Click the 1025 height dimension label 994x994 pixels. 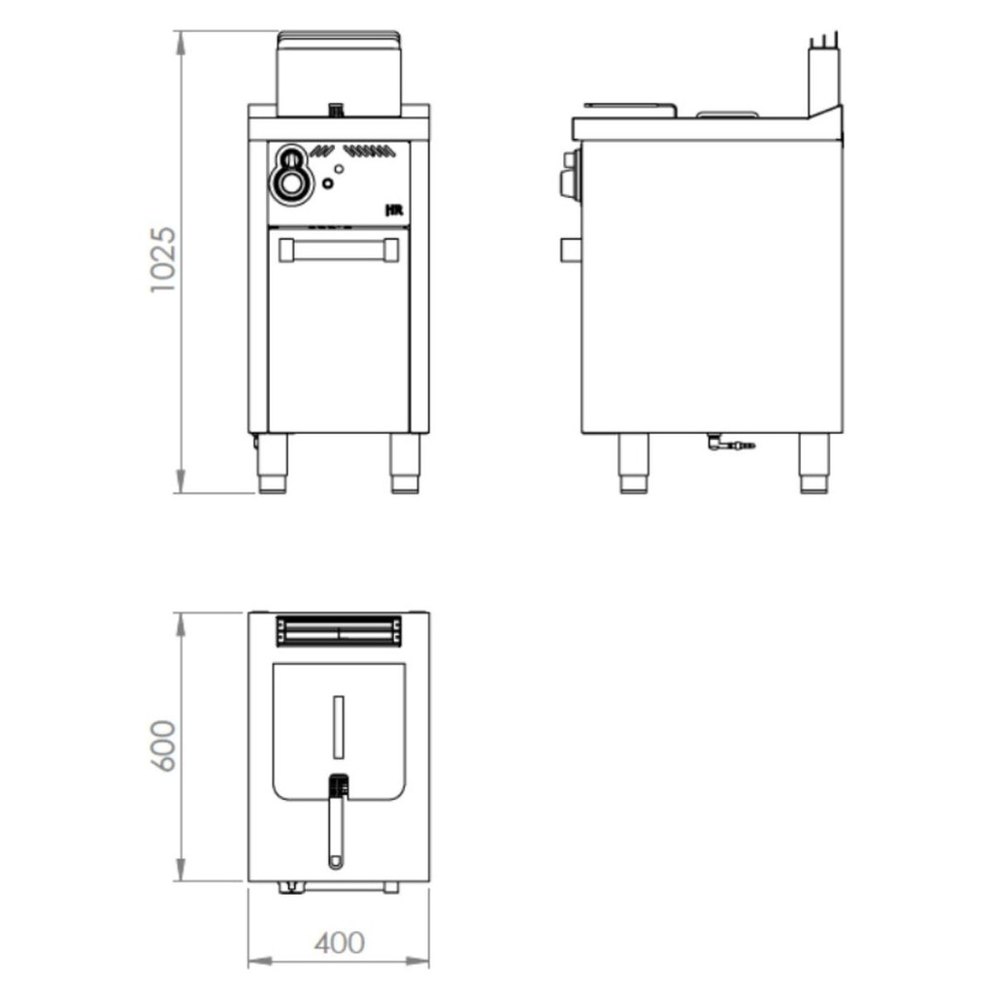pos(163,260)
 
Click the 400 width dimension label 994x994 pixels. pos(340,942)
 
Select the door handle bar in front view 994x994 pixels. pos(338,250)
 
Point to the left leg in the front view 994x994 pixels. pos(272,463)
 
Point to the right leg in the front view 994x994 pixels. pos(405,463)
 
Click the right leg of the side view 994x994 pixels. pos(813,463)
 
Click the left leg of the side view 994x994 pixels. pos(634,463)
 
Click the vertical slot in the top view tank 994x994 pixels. pos(337,726)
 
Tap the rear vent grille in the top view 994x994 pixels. pos(338,632)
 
